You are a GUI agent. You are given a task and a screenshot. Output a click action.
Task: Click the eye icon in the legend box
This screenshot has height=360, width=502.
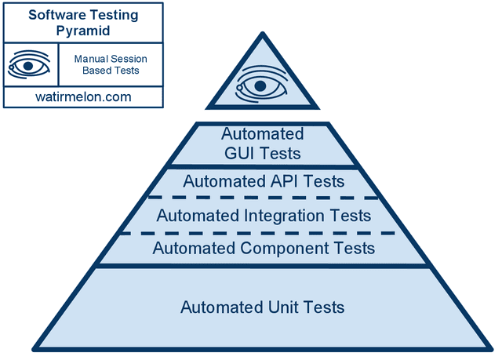[29, 65]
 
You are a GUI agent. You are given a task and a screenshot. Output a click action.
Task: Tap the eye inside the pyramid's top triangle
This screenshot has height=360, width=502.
[262, 83]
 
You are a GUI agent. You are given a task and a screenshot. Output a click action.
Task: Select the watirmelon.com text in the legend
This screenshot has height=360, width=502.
[82, 97]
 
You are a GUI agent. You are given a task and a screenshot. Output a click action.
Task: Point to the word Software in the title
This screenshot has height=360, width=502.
[55, 14]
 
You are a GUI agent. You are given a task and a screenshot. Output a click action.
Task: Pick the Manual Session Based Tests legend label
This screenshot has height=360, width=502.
[111, 65]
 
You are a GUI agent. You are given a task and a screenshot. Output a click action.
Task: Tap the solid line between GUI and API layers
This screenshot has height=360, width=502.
[262, 167]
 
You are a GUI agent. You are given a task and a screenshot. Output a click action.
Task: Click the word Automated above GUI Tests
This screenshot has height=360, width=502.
[262, 133]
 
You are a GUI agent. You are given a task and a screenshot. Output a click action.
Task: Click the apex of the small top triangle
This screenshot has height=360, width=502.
[262, 34]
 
